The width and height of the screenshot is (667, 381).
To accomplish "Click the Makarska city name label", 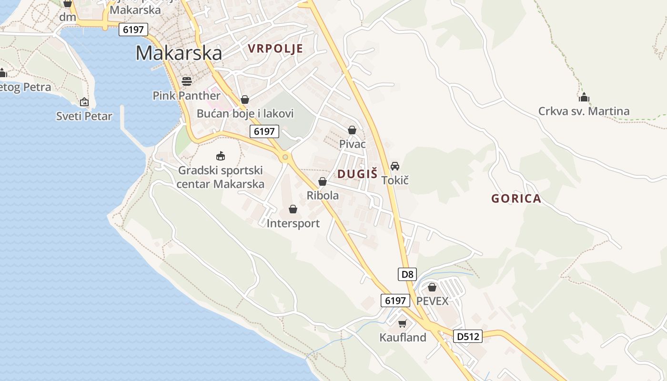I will (x=179, y=53).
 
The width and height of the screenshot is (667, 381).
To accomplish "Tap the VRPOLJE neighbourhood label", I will (x=275, y=49).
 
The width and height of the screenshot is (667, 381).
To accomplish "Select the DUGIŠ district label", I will (x=357, y=174).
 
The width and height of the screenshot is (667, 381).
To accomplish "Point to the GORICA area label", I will (x=516, y=199).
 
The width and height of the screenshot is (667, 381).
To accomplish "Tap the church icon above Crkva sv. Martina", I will (x=584, y=98).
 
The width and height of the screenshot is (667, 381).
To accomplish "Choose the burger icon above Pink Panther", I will (x=187, y=81).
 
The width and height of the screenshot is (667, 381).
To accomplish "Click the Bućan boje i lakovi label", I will (x=245, y=113).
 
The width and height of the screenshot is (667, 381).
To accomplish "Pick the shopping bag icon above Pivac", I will (x=352, y=130).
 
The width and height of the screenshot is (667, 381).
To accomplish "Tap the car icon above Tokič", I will (x=395, y=166).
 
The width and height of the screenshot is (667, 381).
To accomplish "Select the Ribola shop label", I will (x=323, y=195).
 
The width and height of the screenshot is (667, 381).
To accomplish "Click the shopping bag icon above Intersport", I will (x=293, y=209).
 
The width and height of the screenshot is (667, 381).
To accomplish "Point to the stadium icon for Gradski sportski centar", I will (x=220, y=155).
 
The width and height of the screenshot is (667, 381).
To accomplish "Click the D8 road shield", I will (x=407, y=274).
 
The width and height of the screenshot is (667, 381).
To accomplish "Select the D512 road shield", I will (x=467, y=336).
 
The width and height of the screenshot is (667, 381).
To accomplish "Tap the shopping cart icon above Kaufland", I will (x=403, y=324).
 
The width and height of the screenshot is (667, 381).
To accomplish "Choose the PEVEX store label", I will (x=433, y=301).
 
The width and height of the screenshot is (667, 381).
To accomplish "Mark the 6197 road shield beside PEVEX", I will (x=395, y=301).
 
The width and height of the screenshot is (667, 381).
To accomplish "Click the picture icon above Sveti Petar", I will (x=84, y=101).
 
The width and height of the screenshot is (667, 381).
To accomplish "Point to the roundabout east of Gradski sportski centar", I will (x=285, y=157).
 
